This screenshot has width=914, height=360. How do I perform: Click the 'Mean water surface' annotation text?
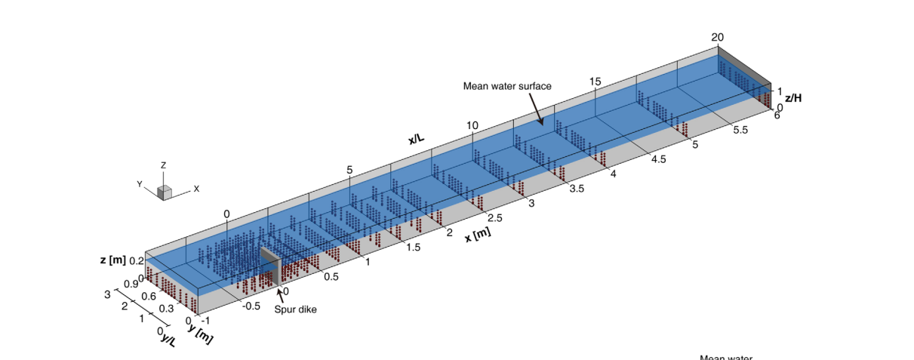pyautogui.click(x=506, y=86)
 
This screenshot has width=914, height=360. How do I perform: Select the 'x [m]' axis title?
pyautogui.click(x=477, y=234)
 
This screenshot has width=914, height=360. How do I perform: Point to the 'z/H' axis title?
pyautogui.click(x=795, y=98)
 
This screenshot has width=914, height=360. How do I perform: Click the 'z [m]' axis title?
pyautogui.click(x=112, y=260)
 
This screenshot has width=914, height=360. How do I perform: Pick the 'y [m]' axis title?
pyautogui.click(x=200, y=333)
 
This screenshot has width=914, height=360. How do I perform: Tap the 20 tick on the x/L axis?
pyautogui.click(x=717, y=38)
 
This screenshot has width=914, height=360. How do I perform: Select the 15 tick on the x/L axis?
pyautogui.click(x=595, y=82)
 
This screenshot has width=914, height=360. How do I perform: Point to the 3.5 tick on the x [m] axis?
pyautogui.click(x=576, y=189)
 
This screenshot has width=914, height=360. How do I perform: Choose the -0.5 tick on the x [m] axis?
pyautogui.click(x=251, y=306)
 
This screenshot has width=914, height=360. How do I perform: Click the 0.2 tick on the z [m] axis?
pyautogui.click(x=137, y=260)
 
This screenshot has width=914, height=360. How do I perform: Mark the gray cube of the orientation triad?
pyautogui.click(x=165, y=192)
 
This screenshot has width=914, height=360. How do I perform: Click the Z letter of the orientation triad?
pyautogui.click(x=164, y=165)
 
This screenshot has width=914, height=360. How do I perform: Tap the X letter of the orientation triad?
pyautogui.click(x=196, y=189)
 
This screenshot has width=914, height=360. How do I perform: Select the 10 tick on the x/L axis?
pyautogui.click(x=472, y=125)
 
